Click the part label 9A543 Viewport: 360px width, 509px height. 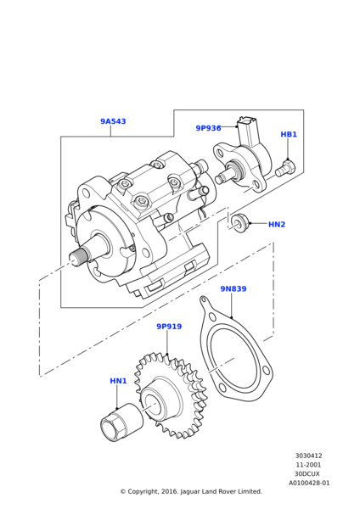(x=113, y=121)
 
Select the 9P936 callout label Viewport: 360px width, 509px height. (x=208, y=128)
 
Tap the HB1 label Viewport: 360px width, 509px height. (x=289, y=134)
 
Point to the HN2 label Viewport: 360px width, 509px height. (x=277, y=224)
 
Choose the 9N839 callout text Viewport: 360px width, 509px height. (x=233, y=288)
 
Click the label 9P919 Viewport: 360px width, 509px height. (x=169, y=327)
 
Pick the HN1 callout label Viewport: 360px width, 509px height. (x=118, y=381)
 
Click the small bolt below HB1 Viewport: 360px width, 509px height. (x=285, y=168)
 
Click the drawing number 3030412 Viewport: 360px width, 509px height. (x=309, y=456)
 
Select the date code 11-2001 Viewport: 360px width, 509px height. (x=308, y=465)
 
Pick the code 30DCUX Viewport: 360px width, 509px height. (x=307, y=474)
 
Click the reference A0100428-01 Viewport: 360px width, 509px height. (x=309, y=483)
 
